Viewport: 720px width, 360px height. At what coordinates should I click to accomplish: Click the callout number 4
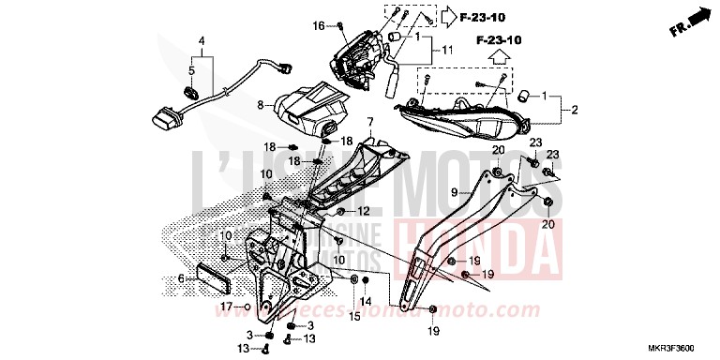point(200,40)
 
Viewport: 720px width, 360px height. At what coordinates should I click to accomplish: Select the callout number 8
point(262,107)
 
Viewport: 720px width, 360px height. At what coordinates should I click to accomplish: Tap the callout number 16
point(318,24)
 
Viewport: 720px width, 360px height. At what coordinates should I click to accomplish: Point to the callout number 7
point(369,122)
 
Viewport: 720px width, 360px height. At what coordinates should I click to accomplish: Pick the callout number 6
point(181,278)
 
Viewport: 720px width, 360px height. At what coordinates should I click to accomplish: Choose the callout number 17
point(227,307)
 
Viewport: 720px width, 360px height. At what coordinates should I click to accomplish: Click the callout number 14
point(367,301)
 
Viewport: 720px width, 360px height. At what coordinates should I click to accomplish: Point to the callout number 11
point(447,49)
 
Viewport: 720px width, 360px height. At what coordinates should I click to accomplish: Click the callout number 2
point(576,111)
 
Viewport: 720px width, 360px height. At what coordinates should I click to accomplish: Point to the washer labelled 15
point(354,280)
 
